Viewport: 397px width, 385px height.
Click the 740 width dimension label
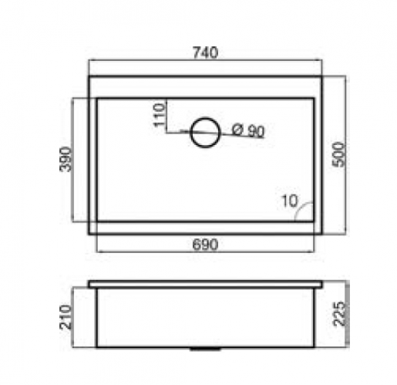pos(205,52)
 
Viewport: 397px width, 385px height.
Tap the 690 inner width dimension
pos(205,245)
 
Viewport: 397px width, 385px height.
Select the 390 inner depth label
pos(65,159)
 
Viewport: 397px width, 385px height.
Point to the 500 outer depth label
pos(338,154)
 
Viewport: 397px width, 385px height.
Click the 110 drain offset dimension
pos(159,115)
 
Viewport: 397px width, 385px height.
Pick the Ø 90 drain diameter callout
pos(247,130)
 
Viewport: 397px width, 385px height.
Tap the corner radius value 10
pos(290,201)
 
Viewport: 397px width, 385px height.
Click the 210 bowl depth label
pos(66,317)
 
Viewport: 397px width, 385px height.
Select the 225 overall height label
pos(339,313)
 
